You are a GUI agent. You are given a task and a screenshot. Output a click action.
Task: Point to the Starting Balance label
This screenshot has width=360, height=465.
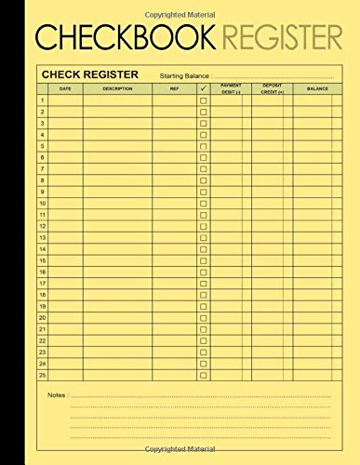186,75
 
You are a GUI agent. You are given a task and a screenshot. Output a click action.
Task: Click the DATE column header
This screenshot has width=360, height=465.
65,88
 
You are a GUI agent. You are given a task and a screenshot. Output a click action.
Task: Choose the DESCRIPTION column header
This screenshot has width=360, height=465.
117,88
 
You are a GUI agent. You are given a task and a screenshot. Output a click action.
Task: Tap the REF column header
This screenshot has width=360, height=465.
174,88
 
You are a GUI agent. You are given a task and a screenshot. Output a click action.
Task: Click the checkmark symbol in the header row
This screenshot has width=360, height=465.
203,88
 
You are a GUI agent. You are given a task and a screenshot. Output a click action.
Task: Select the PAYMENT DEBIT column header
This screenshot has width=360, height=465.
231,88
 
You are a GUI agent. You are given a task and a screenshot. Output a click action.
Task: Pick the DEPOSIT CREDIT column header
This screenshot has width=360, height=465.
272,88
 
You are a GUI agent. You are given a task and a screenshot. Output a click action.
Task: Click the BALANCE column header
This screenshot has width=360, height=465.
317,88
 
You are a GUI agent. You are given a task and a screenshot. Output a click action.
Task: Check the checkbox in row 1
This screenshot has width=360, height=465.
203,100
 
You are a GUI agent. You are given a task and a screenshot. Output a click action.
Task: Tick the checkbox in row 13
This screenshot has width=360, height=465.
203,237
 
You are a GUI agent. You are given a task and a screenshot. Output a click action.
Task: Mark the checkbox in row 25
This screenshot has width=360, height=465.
203,374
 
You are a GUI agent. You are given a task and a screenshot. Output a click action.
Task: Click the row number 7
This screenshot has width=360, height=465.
43,168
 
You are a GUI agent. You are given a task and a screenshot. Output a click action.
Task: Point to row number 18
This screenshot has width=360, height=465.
43,294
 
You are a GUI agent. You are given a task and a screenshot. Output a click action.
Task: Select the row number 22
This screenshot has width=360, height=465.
43,339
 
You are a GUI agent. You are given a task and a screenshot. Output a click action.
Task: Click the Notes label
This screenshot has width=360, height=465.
57,395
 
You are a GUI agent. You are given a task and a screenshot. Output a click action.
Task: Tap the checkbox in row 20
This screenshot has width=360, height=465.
203,317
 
